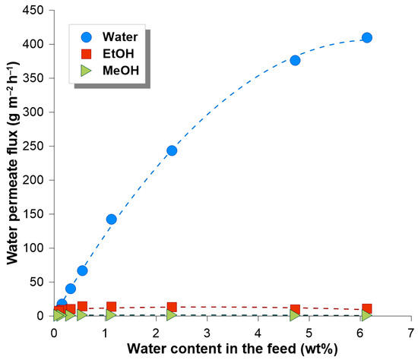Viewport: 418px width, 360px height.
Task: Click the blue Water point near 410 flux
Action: tap(367, 38)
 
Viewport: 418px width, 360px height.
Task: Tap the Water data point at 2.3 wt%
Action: tap(172, 150)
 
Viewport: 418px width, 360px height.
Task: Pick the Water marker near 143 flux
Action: tap(111, 219)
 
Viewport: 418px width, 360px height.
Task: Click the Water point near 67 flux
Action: tap(82, 270)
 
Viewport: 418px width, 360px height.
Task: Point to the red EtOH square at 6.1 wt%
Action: tap(367, 309)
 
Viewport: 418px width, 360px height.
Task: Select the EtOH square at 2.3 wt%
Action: tap(172, 308)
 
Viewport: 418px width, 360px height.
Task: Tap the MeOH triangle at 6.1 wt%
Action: tap(367, 315)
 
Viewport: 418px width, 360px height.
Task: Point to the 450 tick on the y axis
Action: tap(36, 11)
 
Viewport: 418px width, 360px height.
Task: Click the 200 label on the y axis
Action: tap(36, 180)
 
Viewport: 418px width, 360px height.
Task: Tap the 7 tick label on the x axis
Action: tap(411, 333)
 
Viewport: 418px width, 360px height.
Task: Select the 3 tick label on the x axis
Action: tap(207, 333)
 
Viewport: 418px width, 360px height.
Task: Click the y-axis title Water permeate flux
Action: tap(12, 163)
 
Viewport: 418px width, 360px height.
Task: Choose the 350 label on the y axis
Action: tap(36, 78)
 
